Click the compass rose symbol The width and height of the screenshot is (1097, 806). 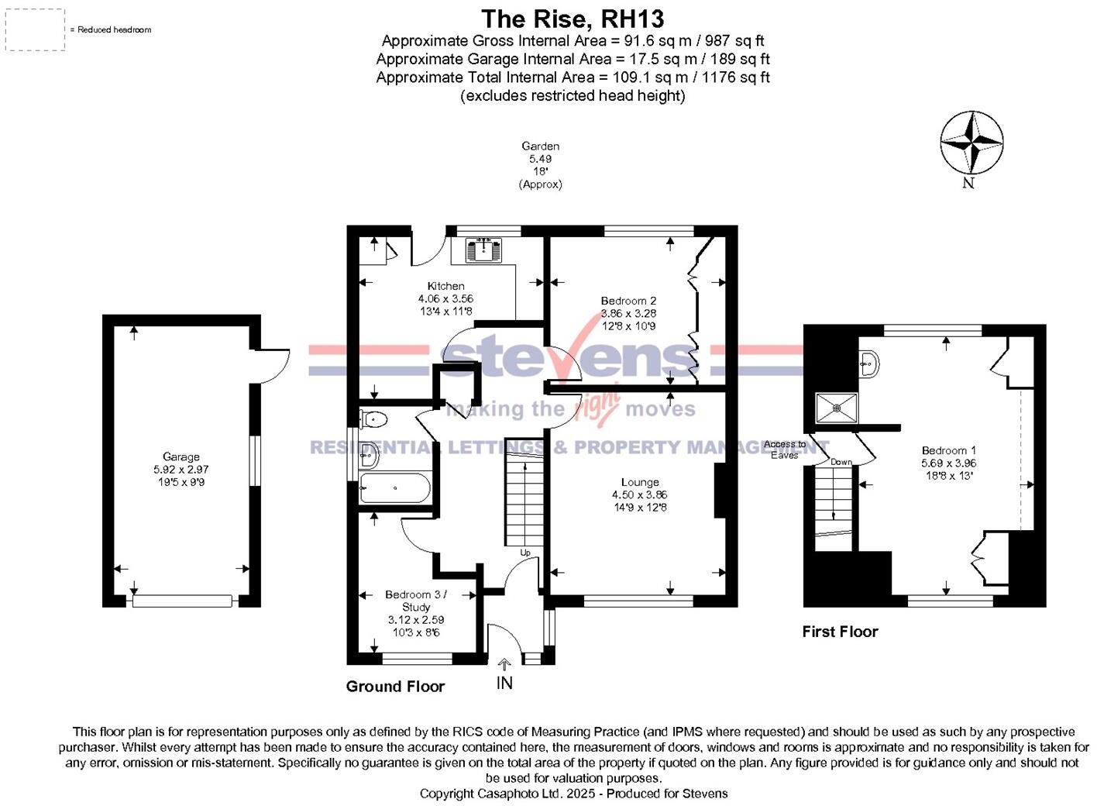tap(971, 143)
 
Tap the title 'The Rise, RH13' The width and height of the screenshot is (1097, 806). tap(573, 19)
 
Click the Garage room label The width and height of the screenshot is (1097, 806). tap(181, 457)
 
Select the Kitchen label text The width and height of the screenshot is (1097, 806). tap(445, 286)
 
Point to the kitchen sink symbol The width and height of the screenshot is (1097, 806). tap(482, 250)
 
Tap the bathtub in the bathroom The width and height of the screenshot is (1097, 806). tap(394, 488)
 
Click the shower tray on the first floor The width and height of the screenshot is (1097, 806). tap(836, 408)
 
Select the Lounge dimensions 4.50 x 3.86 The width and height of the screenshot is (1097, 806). tap(639, 494)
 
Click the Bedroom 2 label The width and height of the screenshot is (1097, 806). tap(628, 301)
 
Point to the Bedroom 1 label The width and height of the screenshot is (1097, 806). tap(948, 450)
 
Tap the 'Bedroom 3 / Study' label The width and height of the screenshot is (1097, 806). tap(416, 601)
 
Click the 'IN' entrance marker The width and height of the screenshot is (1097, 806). tap(504, 683)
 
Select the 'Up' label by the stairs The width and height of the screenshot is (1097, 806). tap(525, 553)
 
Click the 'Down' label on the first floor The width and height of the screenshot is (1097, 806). tap(841, 462)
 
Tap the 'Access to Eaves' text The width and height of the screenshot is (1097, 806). tap(784, 449)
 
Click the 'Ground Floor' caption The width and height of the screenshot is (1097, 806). tap(395, 686)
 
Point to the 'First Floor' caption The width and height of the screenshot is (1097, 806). tap(840, 632)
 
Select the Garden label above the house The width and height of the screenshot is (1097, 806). tap(540, 146)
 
